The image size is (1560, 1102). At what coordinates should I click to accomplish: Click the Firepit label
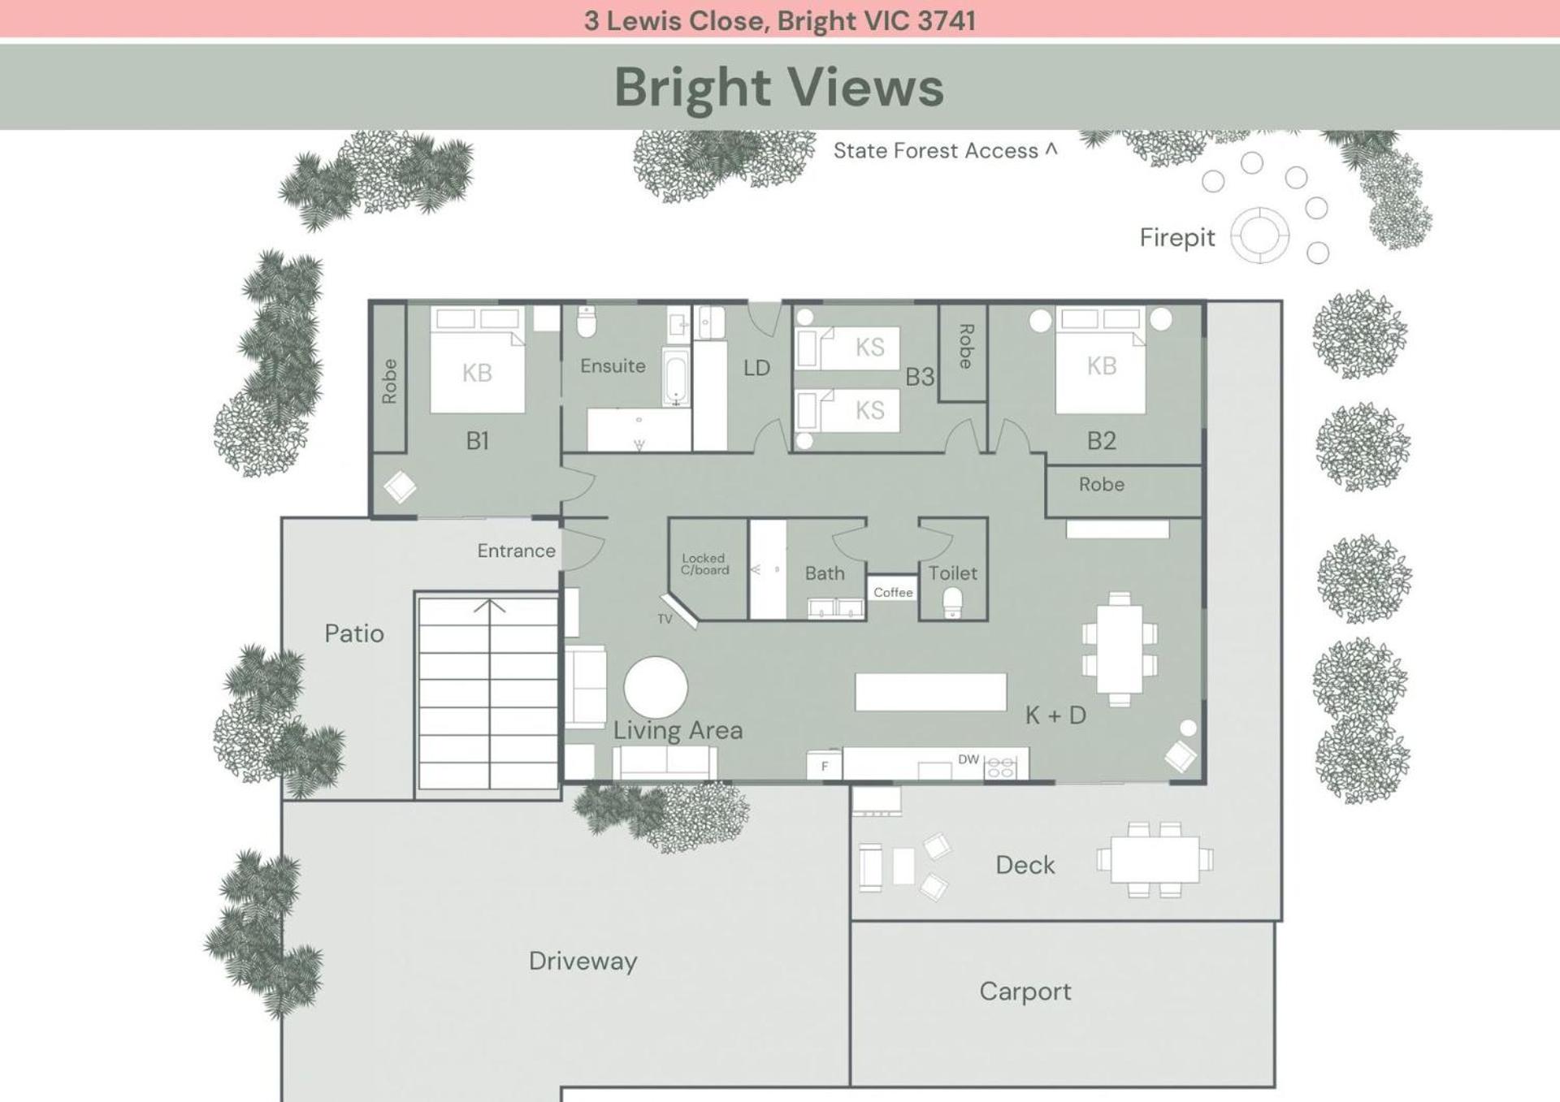(1176, 237)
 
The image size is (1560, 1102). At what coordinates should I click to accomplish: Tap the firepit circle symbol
(1259, 236)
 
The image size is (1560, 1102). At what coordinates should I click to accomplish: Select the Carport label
(1025, 992)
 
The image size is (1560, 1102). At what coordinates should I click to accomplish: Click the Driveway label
(583, 962)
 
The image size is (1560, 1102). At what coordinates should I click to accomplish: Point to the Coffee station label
(893, 592)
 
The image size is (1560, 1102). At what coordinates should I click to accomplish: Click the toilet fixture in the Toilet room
(952, 603)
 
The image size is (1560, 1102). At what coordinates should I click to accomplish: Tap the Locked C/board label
(704, 564)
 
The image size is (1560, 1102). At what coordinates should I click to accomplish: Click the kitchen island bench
(930, 692)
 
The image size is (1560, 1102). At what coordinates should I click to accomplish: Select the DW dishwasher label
(968, 759)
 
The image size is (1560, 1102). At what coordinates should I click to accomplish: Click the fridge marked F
(825, 766)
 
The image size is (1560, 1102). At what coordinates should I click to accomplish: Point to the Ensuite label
(613, 366)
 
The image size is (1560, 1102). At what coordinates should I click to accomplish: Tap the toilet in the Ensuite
(587, 322)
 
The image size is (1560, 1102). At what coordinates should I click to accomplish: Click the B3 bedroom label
(920, 377)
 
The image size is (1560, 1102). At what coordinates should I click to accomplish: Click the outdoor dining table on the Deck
(1155, 860)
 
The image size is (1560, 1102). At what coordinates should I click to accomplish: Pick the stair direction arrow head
(489, 605)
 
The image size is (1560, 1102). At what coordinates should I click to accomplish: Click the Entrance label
(516, 551)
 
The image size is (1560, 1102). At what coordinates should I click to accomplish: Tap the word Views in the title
(866, 87)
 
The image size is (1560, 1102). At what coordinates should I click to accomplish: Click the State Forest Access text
(936, 151)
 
